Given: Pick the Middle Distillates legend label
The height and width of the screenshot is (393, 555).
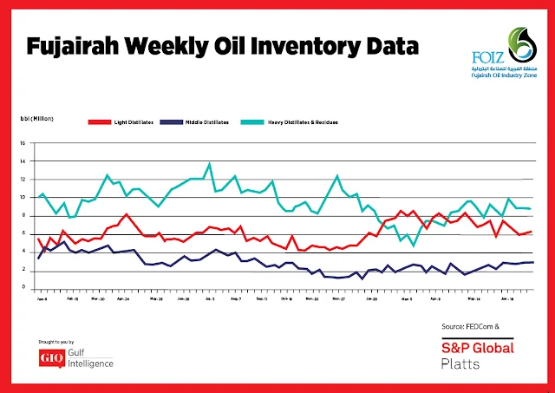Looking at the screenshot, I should pos(209,123).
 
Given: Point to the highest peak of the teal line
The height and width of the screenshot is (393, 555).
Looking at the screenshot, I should pos(209,163).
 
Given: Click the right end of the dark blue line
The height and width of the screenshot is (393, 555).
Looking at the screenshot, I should pos(532,262).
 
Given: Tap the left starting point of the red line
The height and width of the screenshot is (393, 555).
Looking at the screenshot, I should pos(38,239).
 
